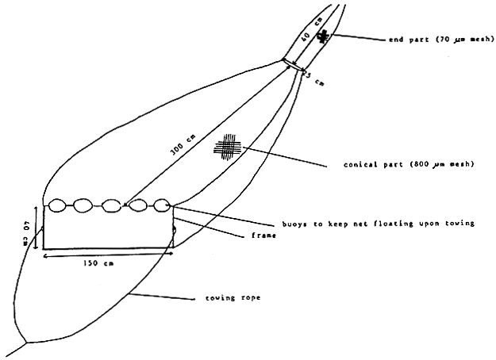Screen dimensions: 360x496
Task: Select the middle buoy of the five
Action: [113, 205]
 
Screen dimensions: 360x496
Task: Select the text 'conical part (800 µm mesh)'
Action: [400, 165]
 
